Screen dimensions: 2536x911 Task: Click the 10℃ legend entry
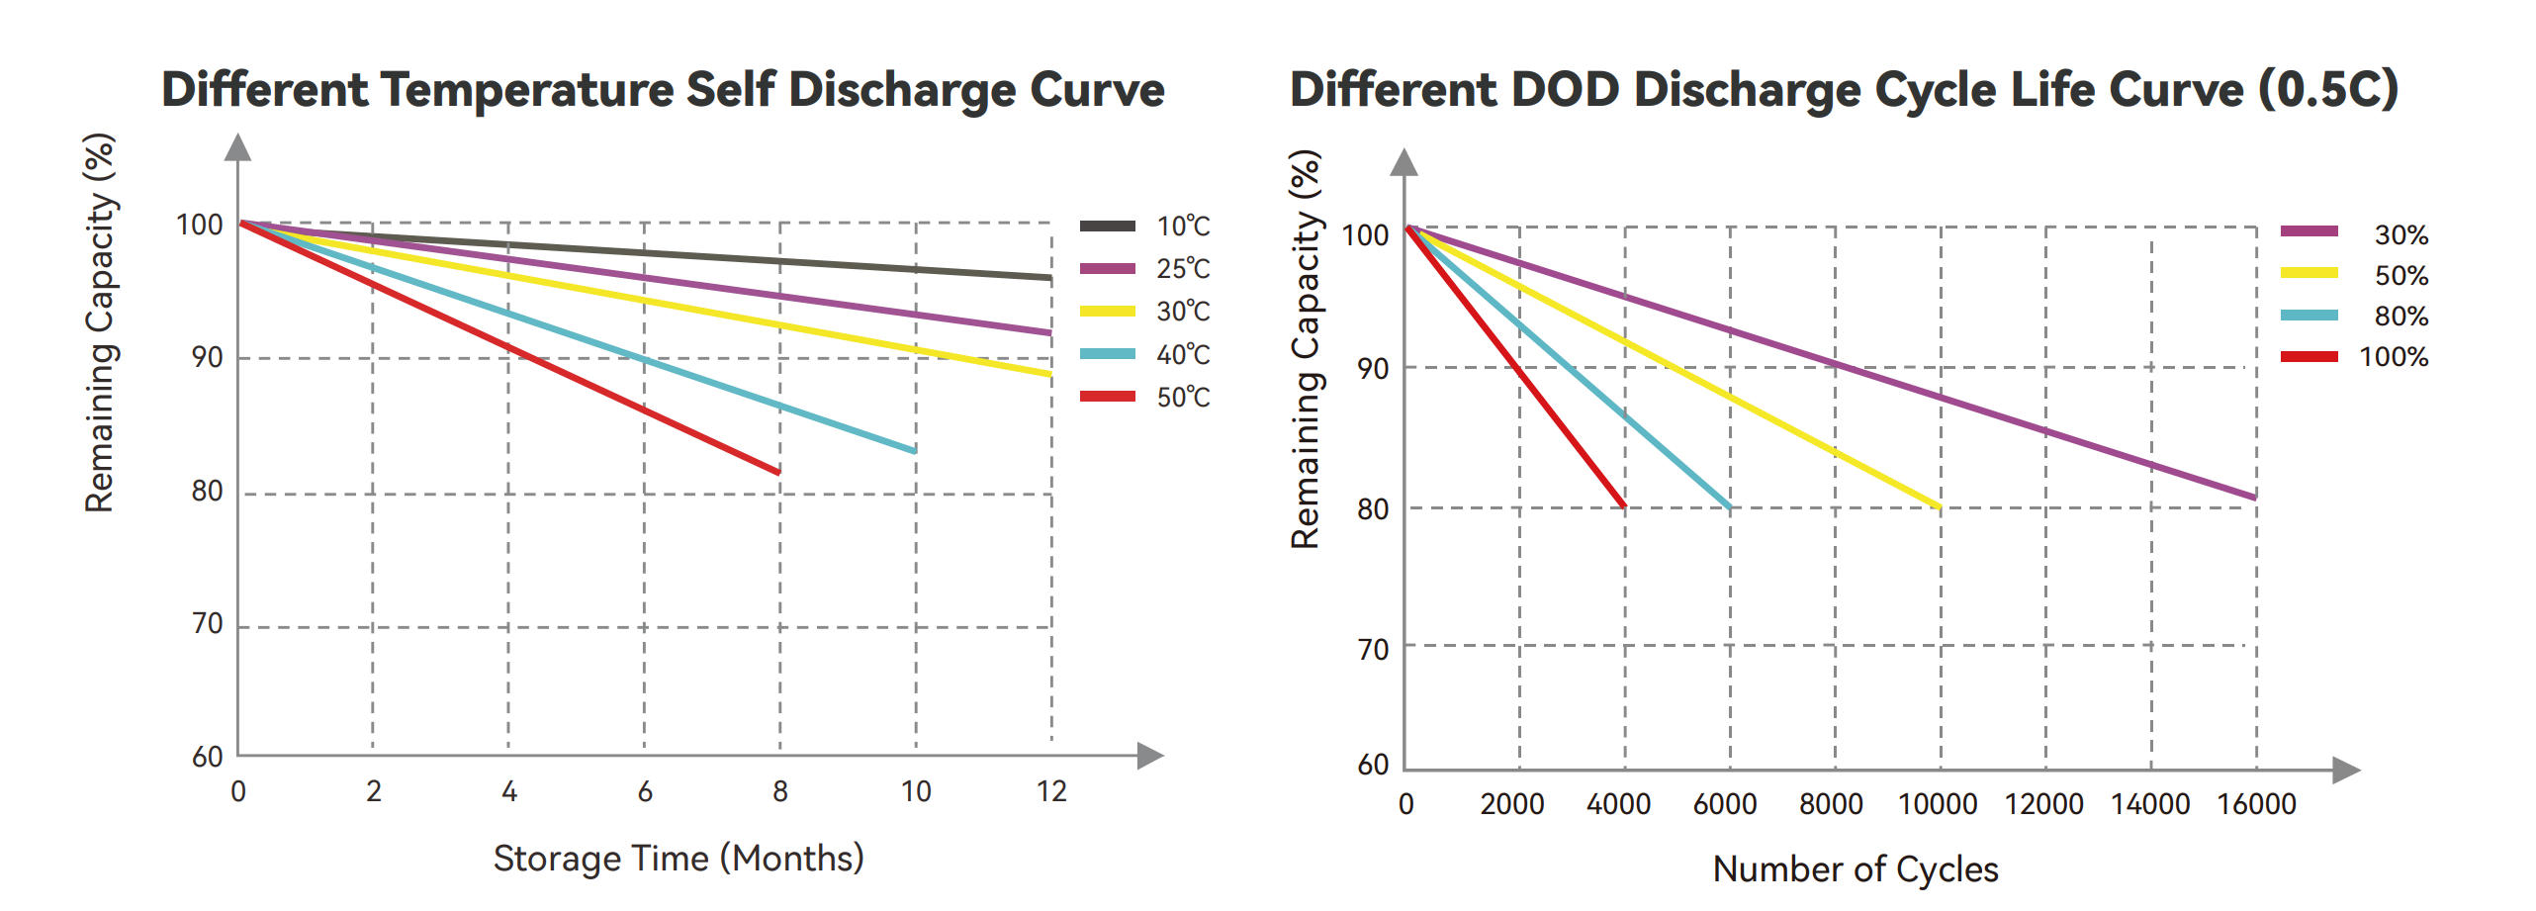pos(1145,227)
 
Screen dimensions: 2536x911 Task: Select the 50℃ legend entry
pos(1145,397)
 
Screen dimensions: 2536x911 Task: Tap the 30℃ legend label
pos(1183,312)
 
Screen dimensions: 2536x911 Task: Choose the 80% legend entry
pos(2354,316)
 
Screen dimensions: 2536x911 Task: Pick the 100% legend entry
pos(2354,356)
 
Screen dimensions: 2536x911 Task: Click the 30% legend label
pos(2401,234)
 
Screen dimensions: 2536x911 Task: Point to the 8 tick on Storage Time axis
pos(780,791)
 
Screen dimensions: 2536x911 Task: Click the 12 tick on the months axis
pos(1051,791)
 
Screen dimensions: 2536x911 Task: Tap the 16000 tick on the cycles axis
pos(2256,804)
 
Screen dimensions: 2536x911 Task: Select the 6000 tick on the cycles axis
pos(1725,804)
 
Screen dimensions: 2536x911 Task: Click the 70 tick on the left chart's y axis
pos(207,623)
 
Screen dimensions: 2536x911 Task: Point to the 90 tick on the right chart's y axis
pos(1373,369)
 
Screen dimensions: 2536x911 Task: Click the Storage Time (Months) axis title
pos(679,858)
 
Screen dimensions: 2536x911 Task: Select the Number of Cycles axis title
pos(1856,869)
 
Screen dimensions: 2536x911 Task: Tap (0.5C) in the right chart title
pos(2328,90)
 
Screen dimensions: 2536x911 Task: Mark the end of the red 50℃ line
pos(779,472)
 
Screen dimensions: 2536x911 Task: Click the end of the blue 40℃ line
pos(915,451)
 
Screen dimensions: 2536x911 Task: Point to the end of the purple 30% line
pos(2255,498)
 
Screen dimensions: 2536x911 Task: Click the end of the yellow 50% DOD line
pos(1940,507)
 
